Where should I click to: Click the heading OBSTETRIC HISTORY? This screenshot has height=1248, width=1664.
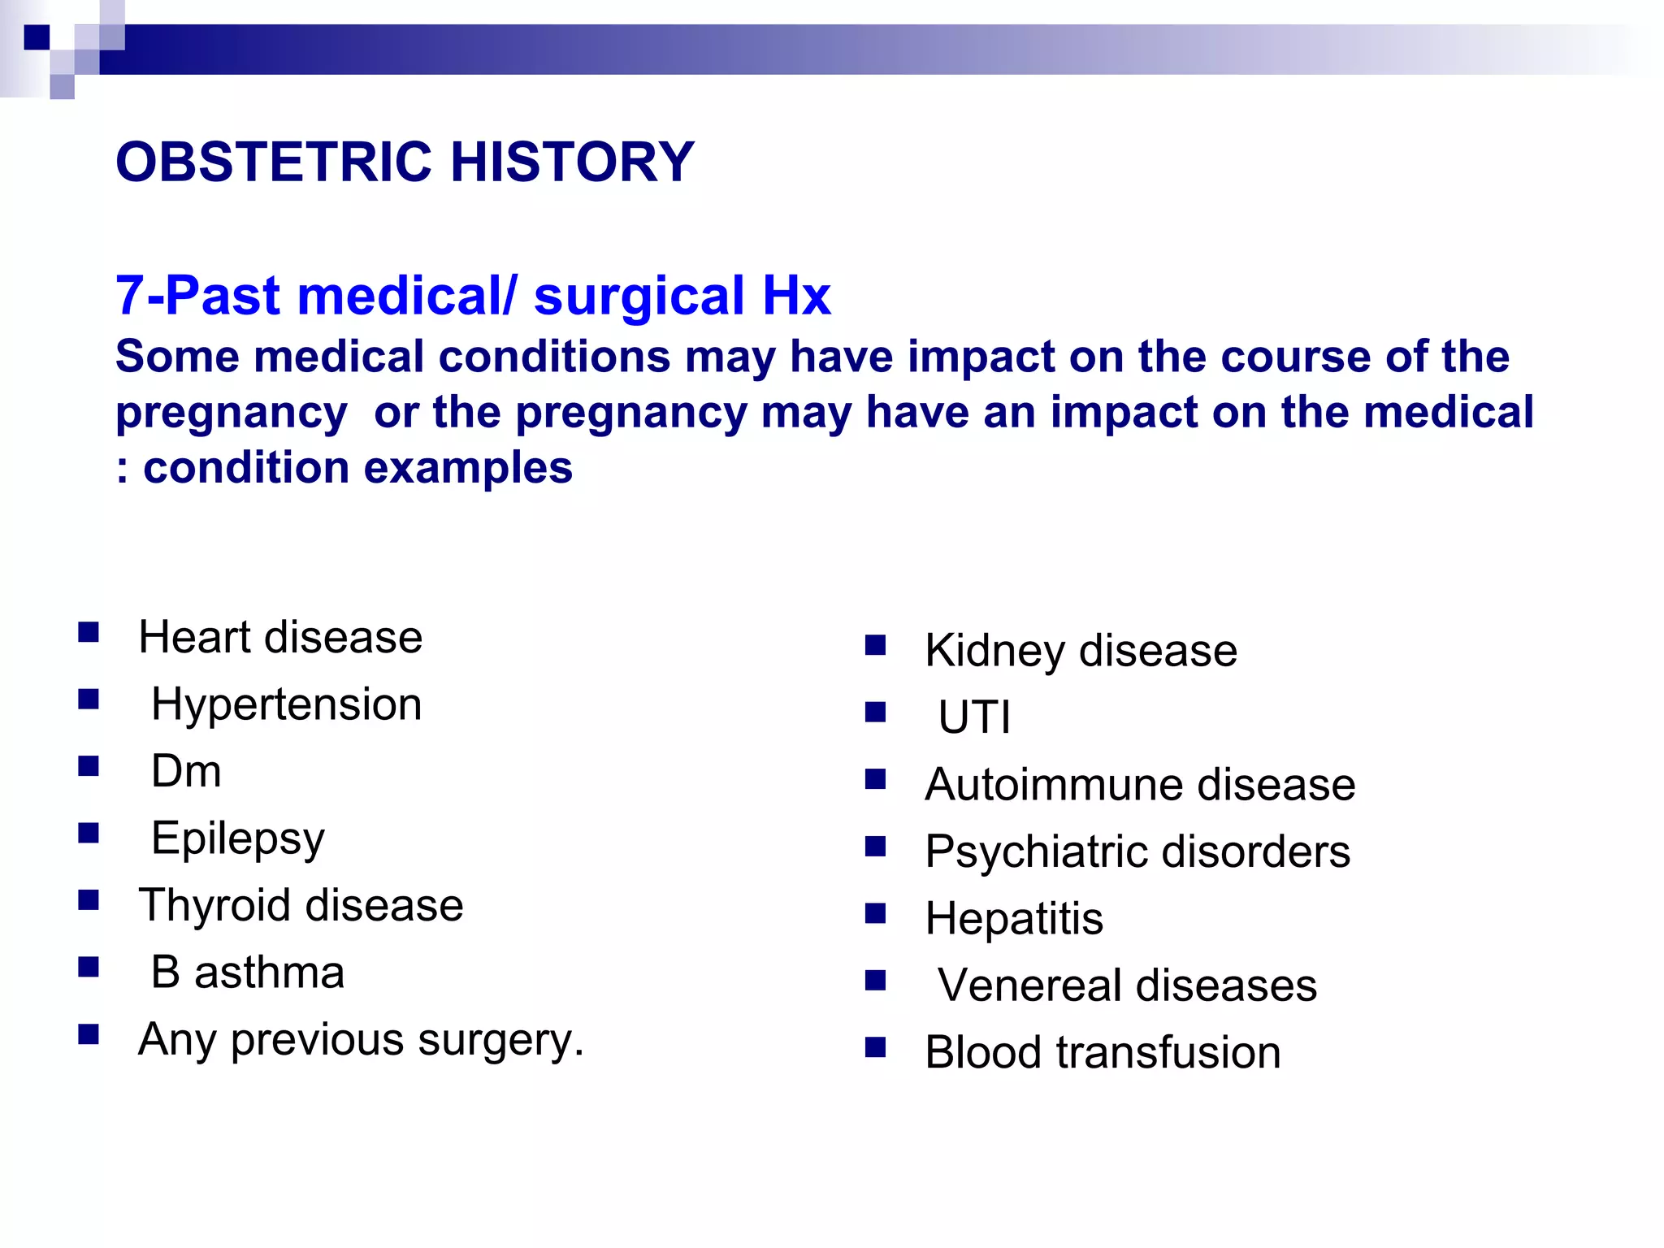[x=405, y=162]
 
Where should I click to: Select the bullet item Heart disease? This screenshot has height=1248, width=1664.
[x=280, y=637]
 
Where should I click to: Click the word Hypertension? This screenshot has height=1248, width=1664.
[x=286, y=704]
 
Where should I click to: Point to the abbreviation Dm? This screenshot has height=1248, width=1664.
[x=186, y=771]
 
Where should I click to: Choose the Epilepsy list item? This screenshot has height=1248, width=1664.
[x=237, y=838]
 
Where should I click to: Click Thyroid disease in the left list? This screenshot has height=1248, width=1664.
[x=301, y=905]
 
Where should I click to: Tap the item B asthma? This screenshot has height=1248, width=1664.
[x=248, y=973]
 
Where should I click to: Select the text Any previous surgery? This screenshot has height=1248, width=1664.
[x=361, y=1040]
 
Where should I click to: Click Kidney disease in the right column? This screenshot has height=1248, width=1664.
[x=1081, y=651]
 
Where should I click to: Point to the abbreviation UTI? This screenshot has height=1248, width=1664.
[x=974, y=717]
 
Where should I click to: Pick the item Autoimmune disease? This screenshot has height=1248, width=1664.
[x=1140, y=785]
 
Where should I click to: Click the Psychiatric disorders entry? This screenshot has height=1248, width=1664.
[x=1137, y=851]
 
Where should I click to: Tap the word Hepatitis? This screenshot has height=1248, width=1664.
[x=1014, y=919]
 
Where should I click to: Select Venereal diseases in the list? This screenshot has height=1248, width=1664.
[x=1127, y=986]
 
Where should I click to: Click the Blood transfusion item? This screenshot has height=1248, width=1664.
[x=1103, y=1053]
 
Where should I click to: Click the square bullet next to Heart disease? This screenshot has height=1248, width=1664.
[x=89, y=632]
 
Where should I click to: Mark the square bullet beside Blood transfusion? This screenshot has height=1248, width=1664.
[x=875, y=1047]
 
